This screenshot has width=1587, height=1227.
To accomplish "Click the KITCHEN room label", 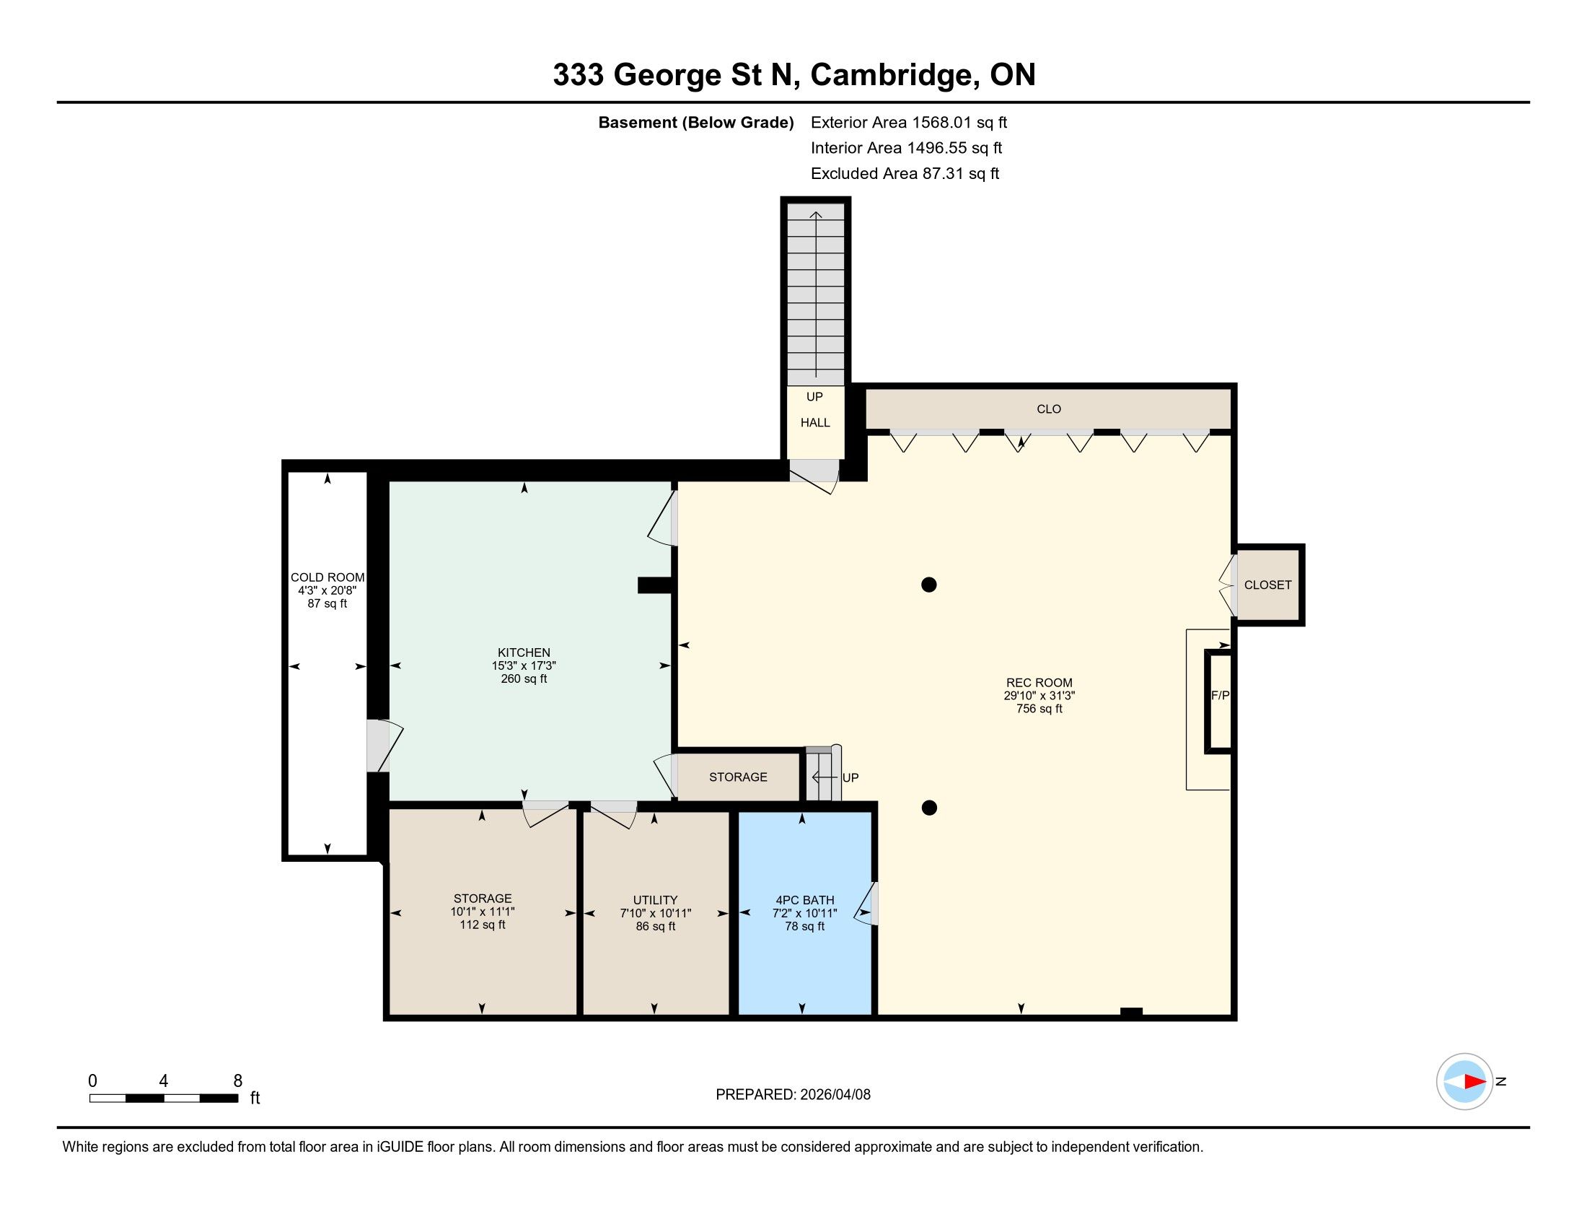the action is click(x=524, y=652).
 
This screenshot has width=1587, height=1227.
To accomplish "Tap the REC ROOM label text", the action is click(x=1039, y=683).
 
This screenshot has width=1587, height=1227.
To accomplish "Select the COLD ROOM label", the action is click(x=327, y=577).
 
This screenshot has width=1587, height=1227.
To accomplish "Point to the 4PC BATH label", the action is click(x=804, y=900).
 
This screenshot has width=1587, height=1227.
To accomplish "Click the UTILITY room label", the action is click(x=655, y=900).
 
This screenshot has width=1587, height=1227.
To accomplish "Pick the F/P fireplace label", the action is click(x=1220, y=696).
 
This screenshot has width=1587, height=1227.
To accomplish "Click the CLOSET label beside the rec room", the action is click(x=1267, y=585).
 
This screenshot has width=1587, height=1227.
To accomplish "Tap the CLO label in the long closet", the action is click(x=1049, y=409).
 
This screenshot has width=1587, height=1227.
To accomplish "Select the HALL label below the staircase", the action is click(x=814, y=422).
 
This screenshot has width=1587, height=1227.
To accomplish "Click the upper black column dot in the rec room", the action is click(x=928, y=585).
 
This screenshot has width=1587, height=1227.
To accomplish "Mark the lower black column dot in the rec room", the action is click(x=928, y=808).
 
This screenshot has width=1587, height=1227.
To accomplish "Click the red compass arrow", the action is click(x=1475, y=1082).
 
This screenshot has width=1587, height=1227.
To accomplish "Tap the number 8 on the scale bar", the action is click(x=237, y=1081).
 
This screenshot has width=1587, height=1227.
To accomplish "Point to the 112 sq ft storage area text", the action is click(x=483, y=925).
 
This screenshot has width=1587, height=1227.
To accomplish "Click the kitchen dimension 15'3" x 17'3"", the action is click(x=524, y=666).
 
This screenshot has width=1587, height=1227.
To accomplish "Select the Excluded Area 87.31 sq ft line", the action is click(x=905, y=174).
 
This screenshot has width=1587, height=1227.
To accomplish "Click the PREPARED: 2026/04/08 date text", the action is click(x=793, y=1095).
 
